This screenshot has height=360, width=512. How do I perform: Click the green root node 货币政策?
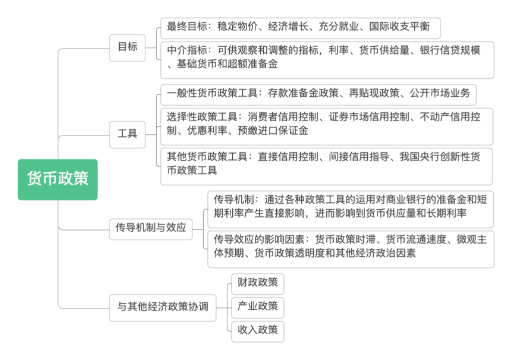coord(58,179)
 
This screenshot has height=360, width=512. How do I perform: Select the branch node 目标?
coord(127,47)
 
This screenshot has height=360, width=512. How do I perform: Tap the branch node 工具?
coord(127,134)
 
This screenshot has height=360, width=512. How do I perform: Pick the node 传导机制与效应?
coord(151,227)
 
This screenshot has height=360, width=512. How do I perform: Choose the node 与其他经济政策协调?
coord(163,306)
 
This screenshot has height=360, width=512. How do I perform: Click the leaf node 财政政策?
coord(257,282)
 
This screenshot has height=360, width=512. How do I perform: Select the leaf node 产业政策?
coord(257,306)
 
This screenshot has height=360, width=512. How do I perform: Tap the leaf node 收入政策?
coord(257,330)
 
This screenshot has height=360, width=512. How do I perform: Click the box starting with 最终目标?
coord(300,27)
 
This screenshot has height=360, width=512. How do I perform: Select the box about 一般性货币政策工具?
coord(318,94)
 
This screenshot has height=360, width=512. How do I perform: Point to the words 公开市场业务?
coord(440,93)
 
